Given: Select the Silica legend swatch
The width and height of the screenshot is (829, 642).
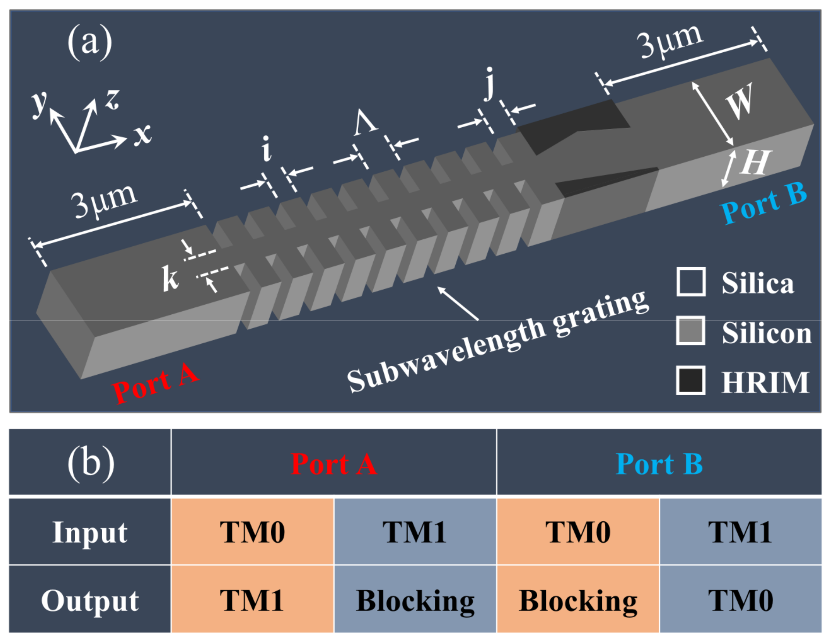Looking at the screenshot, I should (691, 282).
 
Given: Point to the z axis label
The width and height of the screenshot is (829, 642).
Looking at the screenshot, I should (113, 99).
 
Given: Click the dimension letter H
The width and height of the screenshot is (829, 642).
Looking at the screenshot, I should (755, 163).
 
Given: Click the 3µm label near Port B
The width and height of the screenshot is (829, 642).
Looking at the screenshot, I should (670, 42).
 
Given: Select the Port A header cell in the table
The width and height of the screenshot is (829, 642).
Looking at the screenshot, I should (334, 464).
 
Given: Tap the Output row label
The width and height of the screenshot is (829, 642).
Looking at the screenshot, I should (90, 600).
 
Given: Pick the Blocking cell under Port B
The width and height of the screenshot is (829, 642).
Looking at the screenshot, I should (578, 600).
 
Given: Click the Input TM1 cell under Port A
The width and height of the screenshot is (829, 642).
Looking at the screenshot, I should (414, 532).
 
